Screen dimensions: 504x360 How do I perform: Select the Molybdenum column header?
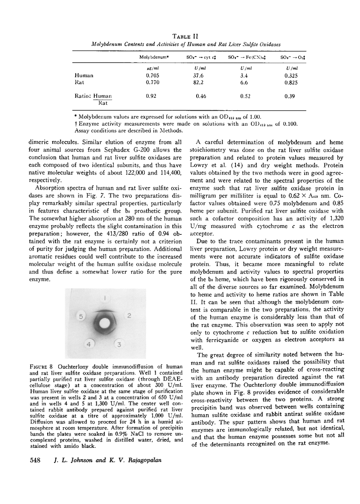(154, 57)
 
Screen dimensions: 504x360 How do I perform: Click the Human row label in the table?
(84, 75)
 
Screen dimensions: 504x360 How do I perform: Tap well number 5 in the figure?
(81, 317)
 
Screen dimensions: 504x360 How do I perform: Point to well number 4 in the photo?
(90, 344)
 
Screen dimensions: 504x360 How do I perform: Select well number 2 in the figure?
(128, 315)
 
